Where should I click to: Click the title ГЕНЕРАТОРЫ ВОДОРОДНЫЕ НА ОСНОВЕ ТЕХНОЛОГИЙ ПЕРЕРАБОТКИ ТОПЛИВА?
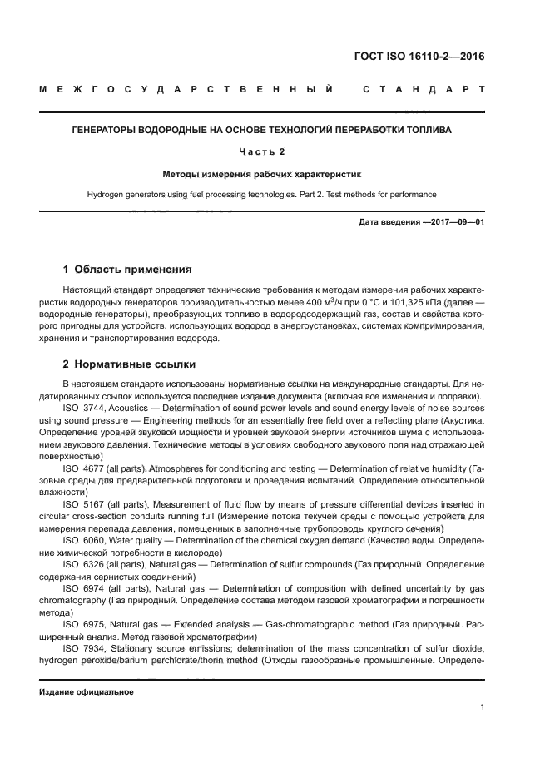point(275,131)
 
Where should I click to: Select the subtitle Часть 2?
point(275,152)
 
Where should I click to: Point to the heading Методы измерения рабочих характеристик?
point(275,174)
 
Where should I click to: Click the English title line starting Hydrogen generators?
point(275,194)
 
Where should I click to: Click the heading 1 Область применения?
point(127,270)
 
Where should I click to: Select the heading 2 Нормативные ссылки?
point(130,364)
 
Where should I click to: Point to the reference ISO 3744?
point(85,409)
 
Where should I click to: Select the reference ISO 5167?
point(85,504)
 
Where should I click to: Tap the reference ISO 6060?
point(85,540)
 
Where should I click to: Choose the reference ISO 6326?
point(85,564)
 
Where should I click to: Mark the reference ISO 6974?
point(85,588)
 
